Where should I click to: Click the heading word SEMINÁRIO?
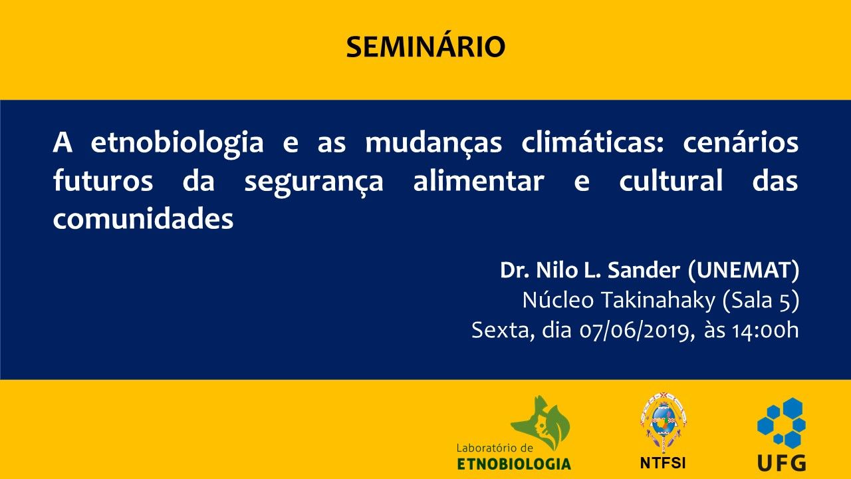tap(425, 47)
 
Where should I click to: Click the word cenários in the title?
tap(741, 142)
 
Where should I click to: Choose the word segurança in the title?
tap(314, 183)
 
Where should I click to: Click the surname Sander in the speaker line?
tap(644, 270)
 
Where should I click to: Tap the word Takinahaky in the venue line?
tap(658, 301)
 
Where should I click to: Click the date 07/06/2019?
tap(634, 331)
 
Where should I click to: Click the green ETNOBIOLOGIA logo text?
tap(514, 464)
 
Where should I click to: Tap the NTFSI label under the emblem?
tap(663, 463)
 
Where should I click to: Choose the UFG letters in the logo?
tap(781, 462)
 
